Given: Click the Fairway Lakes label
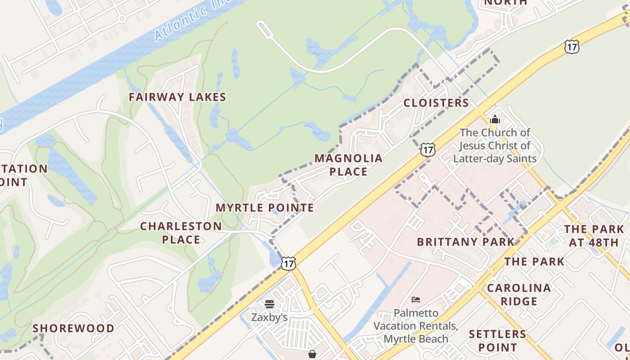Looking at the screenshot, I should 177,97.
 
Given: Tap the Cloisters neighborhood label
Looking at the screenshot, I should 436,103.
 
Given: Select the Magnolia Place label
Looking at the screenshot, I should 348,165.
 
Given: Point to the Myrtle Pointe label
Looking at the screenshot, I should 265,208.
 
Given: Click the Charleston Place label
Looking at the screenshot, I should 181,233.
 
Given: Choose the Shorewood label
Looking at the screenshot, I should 73,328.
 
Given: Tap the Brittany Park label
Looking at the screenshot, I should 465,242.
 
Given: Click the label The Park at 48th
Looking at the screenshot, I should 594,236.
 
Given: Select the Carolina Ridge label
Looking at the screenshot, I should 519,294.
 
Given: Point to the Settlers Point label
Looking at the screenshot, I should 497,341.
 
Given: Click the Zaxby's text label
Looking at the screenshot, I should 269,317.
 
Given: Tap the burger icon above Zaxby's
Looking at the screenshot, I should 269,304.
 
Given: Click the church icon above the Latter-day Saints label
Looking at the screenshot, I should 495,119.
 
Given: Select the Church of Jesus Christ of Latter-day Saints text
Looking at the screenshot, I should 495,145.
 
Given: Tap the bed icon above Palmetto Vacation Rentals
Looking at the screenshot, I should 416,299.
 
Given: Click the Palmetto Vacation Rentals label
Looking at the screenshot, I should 416,326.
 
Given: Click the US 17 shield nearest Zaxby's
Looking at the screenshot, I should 288,263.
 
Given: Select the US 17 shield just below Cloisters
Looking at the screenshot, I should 428,149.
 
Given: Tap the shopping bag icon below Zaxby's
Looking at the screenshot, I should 312,355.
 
